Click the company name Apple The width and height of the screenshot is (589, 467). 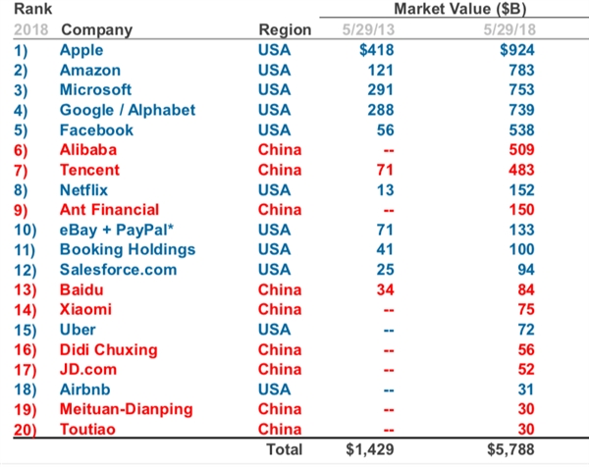click(x=80, y=49)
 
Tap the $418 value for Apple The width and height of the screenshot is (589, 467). click(x=366, y=49)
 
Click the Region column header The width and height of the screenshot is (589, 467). click(x=284, y=29)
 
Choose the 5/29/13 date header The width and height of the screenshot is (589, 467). click(x=363, y=29)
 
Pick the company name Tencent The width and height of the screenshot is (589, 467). click(x=89, y=170)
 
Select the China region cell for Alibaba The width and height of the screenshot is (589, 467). click(x=279, y=149)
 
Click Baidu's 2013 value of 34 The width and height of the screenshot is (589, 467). click(x=370, y=289)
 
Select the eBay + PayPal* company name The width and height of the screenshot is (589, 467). click(x=112, y=230)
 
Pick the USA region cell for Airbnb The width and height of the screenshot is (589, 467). click(x=275, y=389)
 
